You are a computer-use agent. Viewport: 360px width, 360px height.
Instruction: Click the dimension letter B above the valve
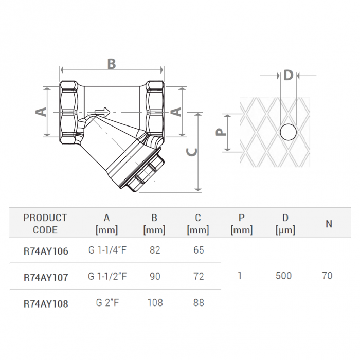coord(111,64)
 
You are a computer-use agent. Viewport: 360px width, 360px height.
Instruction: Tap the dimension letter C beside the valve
coord(190,152)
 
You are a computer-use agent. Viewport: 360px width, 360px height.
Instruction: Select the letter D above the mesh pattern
coord(288,75)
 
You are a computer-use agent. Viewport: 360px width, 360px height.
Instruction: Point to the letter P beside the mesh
coord(221,132)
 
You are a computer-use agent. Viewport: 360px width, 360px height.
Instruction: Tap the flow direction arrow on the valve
coord(102,111)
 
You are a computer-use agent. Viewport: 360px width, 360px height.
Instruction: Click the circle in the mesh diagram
coord(288,133)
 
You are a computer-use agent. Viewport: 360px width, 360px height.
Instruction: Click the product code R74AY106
coord(45,251)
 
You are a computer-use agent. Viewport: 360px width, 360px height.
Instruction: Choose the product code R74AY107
coord(45,277)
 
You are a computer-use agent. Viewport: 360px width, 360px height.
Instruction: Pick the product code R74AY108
coord(45,303)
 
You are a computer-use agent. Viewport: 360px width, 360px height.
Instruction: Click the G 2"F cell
coord(107,303)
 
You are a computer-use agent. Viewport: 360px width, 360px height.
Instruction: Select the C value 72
coord(199,277)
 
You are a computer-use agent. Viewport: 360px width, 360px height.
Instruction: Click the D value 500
coord(283,276)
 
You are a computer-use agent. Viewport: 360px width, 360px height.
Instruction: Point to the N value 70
coord(327,276)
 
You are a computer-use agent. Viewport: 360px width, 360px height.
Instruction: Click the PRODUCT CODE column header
coord(45,224)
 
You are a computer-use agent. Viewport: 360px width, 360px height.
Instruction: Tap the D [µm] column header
coord(285,224)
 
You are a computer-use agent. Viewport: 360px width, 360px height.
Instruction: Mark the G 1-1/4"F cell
coord(107,250)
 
